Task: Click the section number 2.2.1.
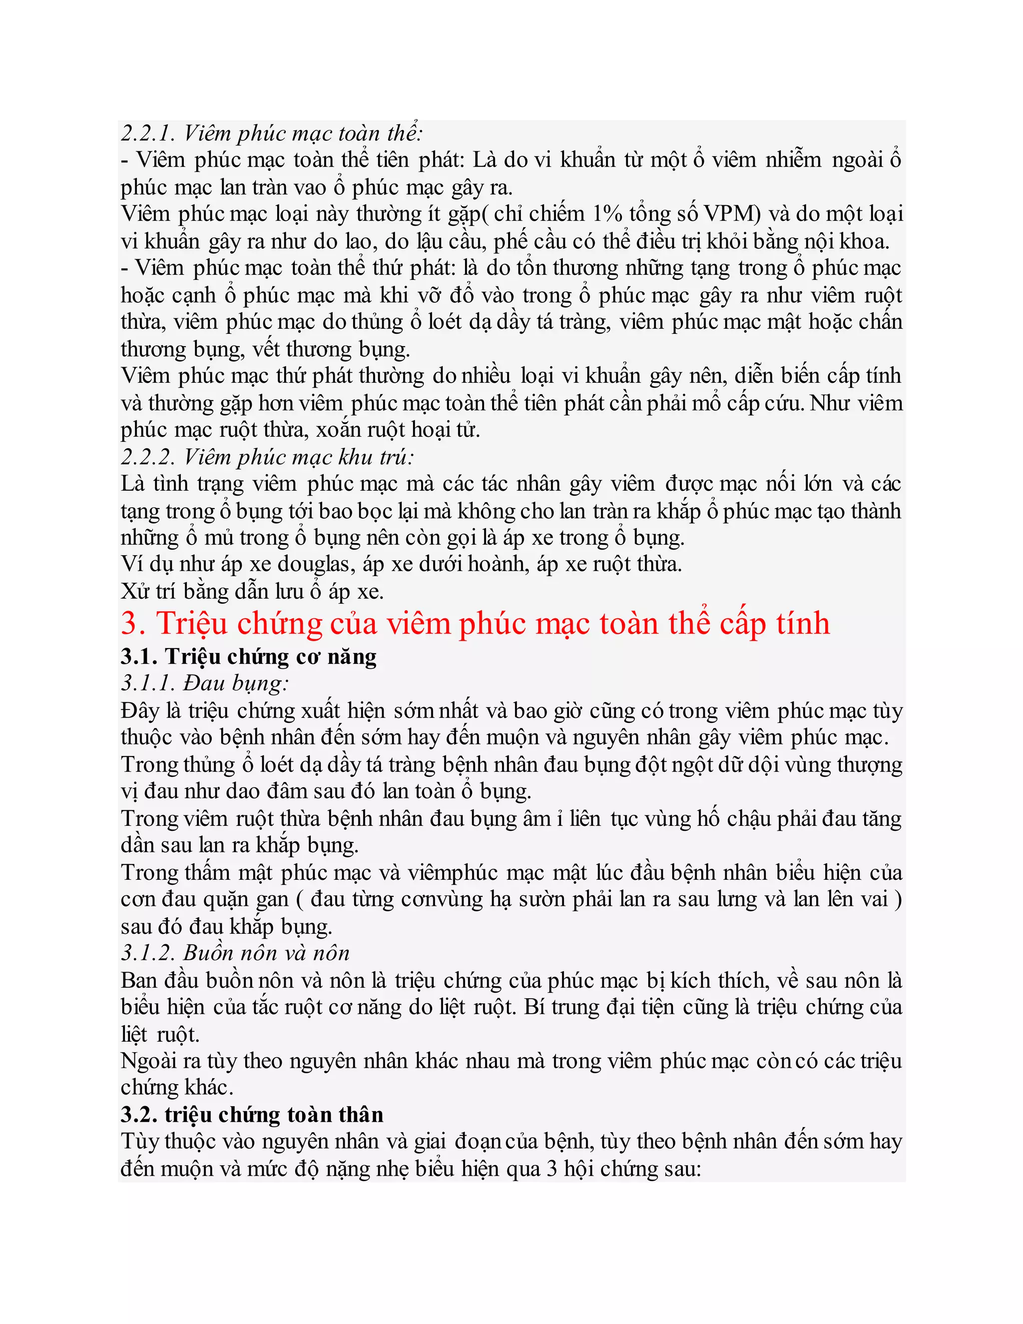point(148,133)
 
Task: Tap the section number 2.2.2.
point(148,457)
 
